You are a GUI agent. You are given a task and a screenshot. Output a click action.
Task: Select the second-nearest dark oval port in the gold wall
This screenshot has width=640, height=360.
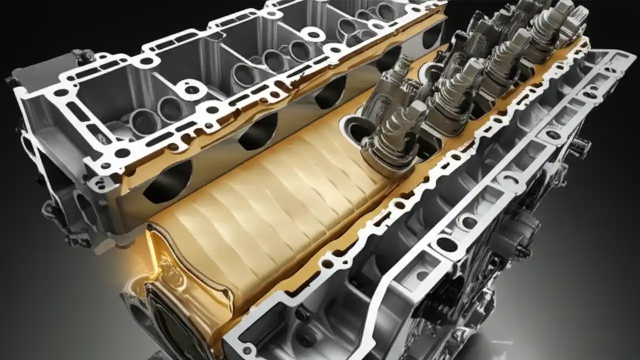[257, 131]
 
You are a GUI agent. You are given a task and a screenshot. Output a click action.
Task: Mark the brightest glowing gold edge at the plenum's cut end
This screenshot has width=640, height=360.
[152, 250]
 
